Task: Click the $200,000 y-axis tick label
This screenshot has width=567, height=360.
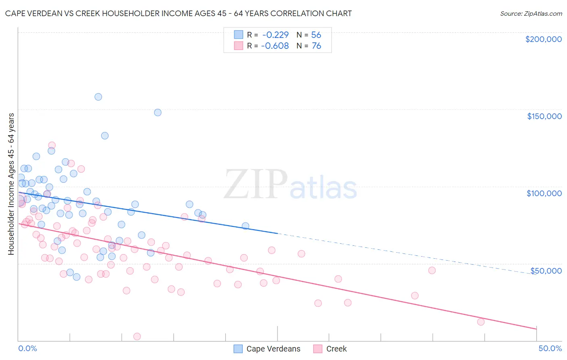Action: point(543,39)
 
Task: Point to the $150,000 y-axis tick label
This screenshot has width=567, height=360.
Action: point(544,116)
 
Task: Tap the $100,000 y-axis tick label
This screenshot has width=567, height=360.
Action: point(544,193)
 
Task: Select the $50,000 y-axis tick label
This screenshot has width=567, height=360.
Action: point(546,270)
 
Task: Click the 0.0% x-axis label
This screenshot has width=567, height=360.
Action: point(27,348)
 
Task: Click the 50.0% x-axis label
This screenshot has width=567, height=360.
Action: point(550,348)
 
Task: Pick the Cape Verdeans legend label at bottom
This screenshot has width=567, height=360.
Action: point(273,349)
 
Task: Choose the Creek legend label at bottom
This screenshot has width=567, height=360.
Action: point(336,349)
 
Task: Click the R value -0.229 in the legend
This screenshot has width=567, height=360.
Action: point(275,35)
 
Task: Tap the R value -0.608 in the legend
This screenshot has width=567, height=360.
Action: point(275,46)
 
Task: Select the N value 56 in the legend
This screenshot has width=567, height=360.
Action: point(316,35)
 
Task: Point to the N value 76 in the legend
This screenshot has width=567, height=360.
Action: point(316,46)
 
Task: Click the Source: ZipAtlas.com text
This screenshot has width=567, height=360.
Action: point(531,14)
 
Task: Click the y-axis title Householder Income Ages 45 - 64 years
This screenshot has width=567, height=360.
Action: point(11,184)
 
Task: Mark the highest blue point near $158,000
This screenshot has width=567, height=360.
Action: point(98,97)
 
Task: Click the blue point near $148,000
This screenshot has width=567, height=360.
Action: point(158,113)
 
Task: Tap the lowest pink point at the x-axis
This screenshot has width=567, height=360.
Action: point(137,337)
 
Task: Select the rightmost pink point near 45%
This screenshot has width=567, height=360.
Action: point(481,322)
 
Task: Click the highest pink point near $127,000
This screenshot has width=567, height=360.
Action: point(52,145)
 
